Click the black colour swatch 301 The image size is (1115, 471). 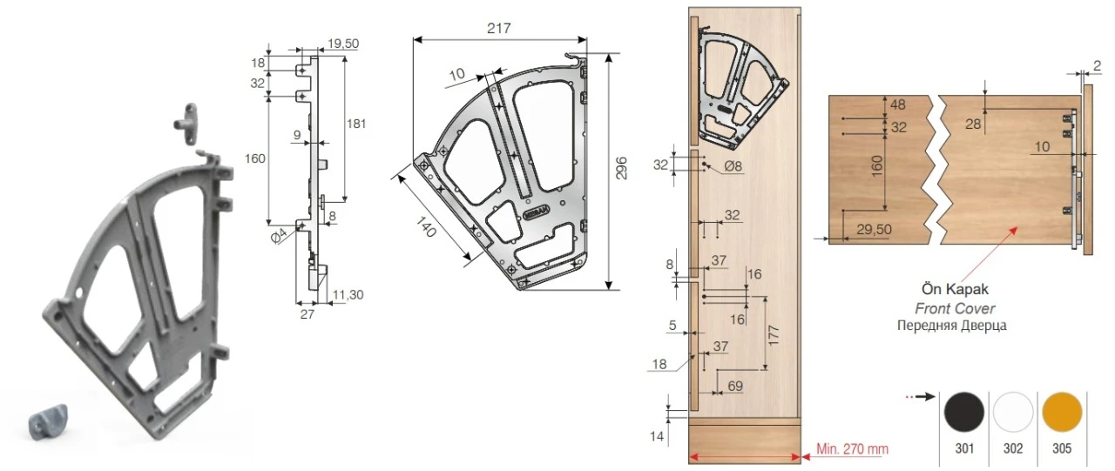(964, 412)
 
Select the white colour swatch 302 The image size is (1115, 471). (1013, 412)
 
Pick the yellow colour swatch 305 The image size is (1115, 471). (1062, 412)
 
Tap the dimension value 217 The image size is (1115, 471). (499, 29)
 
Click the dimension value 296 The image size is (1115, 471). (621, 168)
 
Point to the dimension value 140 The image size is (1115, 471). (426, 227)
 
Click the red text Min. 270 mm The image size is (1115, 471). (852, 448)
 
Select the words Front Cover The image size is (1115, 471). (955, 309)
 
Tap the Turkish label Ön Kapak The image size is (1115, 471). (955, 289)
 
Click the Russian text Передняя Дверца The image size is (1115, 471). (952, 326)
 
